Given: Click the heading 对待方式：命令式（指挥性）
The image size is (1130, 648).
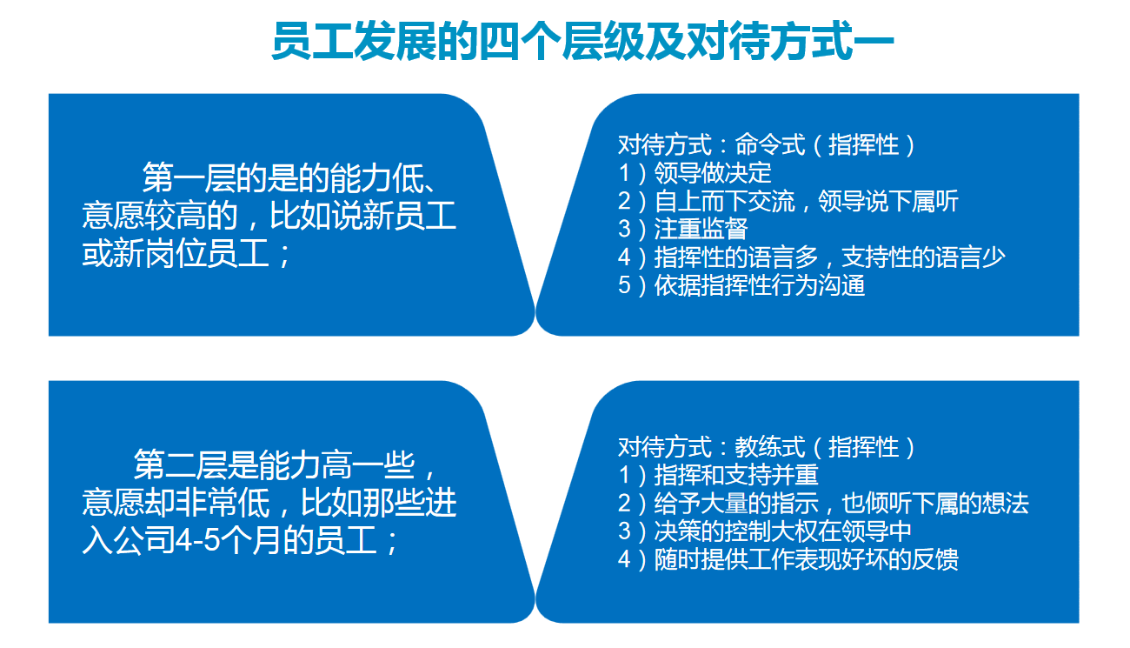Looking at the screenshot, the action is (x=767, y=145).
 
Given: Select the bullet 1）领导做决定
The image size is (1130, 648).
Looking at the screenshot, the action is (x=695, y=173).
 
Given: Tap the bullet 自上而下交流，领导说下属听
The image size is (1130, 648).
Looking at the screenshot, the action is (x=806, y=202).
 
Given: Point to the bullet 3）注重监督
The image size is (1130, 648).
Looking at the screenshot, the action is (x=682, y=229).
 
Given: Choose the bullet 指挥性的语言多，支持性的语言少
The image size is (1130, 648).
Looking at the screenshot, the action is (x=830, y=257).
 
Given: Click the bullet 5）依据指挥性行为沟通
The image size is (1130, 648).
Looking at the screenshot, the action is (x=741, y=285).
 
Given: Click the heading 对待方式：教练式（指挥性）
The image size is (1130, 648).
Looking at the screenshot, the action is (x=767, y=448).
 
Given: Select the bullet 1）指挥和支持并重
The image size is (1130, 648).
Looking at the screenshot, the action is (x=718, y=476).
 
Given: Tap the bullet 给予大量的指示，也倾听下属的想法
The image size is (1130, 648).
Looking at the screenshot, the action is (x=841, y=504).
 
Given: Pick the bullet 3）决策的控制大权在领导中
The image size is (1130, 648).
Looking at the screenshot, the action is (x=765, y=531).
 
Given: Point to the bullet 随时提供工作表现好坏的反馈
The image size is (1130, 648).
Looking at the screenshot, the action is (x=806, y=559).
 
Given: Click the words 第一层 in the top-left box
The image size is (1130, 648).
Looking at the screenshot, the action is (x=189, y=178).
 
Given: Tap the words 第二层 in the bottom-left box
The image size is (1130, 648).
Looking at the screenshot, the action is (x=180, y=465).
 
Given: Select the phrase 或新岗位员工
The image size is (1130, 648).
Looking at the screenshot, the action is (x=176, y=253).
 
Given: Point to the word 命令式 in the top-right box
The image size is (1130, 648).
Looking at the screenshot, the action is (x=770, y=145).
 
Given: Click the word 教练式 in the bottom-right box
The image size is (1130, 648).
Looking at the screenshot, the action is (x=770, y=448).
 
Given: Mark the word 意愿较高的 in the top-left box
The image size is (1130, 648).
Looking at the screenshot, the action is (x=160, y=216).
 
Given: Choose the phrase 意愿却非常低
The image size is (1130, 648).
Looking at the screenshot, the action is (x=176, y=503).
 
